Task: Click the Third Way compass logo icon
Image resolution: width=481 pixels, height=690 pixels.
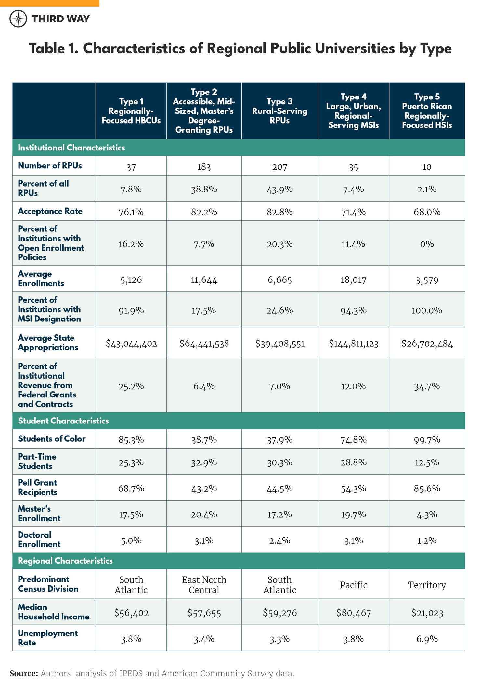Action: click(18, 19)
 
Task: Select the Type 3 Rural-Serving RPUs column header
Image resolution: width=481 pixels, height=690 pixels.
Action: click(279, 111)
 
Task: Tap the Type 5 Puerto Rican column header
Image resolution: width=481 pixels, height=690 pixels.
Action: click(427, 111)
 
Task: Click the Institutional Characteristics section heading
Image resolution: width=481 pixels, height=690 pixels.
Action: click(71, 148)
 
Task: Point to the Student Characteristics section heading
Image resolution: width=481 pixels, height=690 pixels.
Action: click(63, 421)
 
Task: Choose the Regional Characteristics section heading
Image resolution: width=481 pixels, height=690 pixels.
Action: click(65, 561)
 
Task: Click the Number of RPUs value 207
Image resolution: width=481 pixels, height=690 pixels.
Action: click(279, 167)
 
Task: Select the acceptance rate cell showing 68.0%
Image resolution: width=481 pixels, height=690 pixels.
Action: click(427, 212)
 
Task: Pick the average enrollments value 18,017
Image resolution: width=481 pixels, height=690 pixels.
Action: click(353, 280)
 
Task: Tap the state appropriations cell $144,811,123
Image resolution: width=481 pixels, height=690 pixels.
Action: click(353, 344)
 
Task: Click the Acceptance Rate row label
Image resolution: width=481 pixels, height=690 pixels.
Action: click(50, 211)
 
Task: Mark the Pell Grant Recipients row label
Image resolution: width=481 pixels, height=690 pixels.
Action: click(37, 487)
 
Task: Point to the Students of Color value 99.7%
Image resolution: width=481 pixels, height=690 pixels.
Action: click(427, 440)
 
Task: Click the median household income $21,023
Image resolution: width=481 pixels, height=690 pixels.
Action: click(427, 613)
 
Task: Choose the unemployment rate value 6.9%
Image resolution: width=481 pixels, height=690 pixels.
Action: click(427, 639)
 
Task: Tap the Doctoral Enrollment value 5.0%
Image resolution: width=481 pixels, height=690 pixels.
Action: click(131, 540)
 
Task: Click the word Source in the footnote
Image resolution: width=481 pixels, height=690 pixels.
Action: click(24, 673)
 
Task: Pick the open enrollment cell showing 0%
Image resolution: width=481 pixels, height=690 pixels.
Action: click(427, 244)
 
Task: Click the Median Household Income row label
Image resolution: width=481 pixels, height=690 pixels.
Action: click(53, 612)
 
